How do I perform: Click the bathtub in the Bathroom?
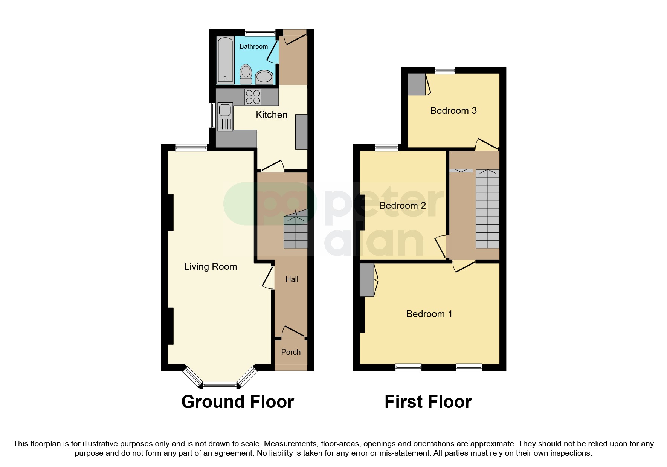tap(225, 60)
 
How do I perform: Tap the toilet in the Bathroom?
tap(246, 74)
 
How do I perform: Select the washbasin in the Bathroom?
tap(264, 77)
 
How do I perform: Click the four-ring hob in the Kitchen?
tap(253, 97)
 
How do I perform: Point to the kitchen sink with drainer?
tap(225, 117)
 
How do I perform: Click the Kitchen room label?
tap(271, 115)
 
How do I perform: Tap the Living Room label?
tap(210, 267)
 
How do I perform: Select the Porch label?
tap(291, 352)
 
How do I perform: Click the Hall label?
tap(292, 279)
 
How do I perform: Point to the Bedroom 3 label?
tap(453, 111)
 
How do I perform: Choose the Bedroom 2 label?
tap(402, 206)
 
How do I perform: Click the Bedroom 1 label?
tap(429, 314)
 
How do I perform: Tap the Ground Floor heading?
tap(237, 402)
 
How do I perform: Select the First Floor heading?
tap(428, 402)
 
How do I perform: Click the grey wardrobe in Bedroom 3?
tap(417, 84)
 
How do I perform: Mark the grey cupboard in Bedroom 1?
tap(366, 280)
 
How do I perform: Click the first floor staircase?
tap(487, 209)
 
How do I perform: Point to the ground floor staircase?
tap(295, 232)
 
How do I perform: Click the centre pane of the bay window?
tap(220, 385)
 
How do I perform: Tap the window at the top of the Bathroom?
tap(260, 32)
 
